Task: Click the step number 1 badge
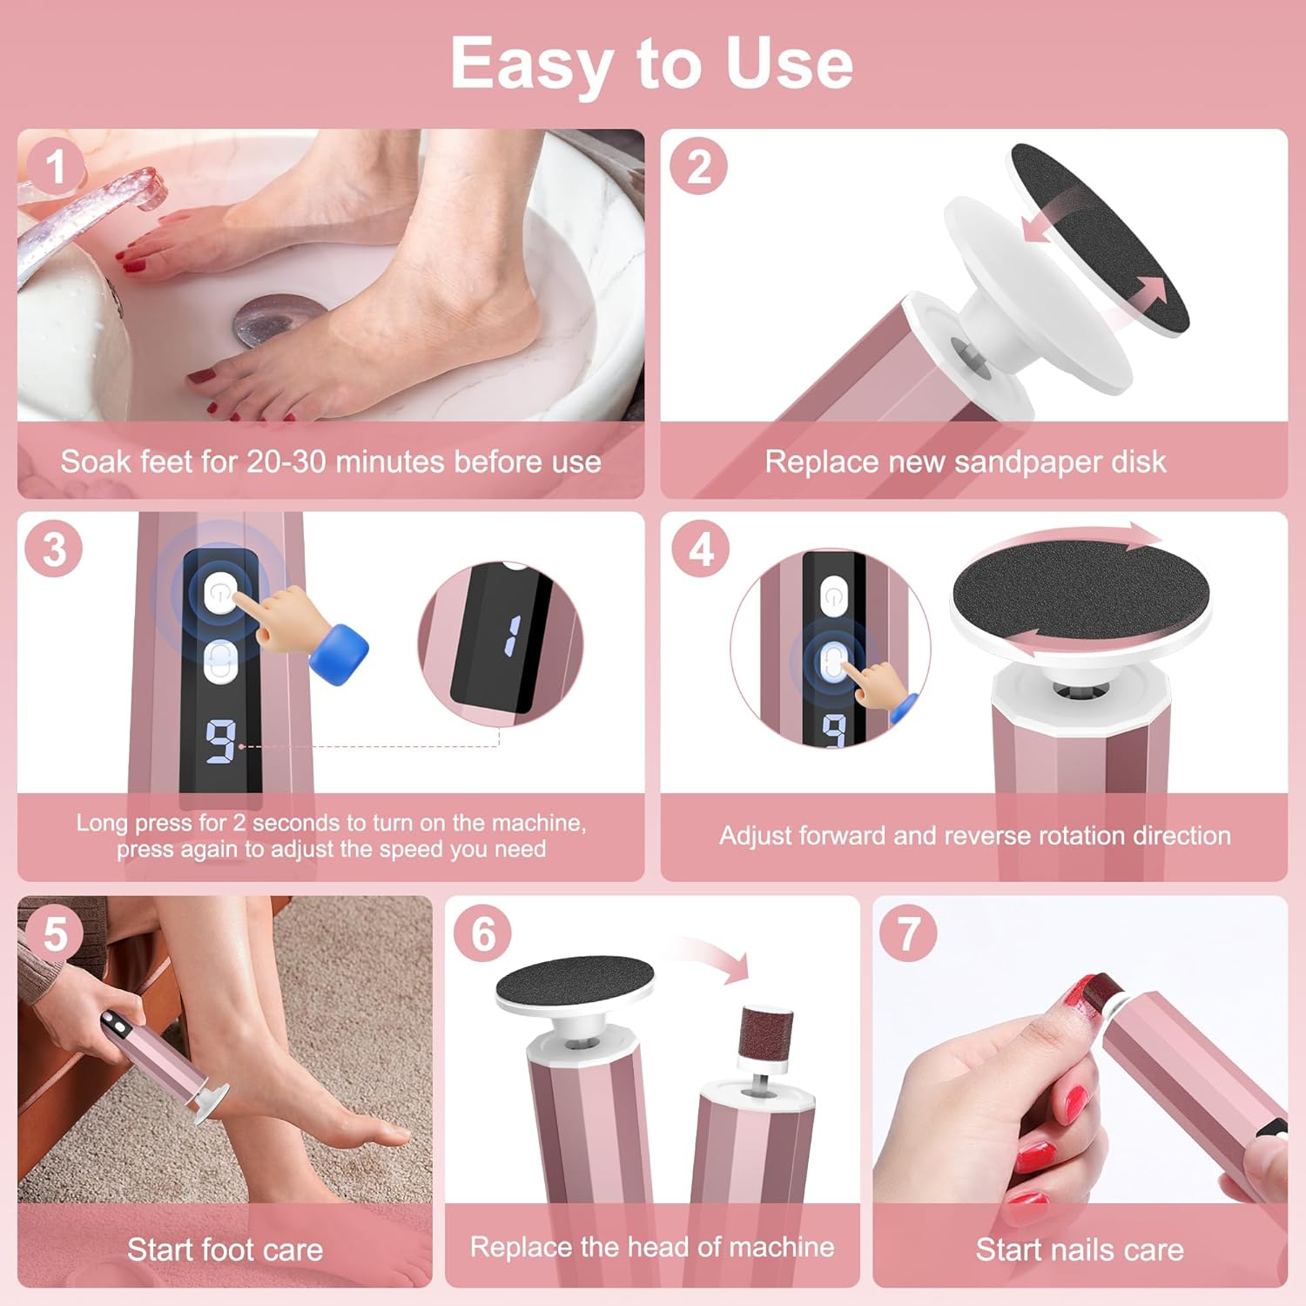(55, 166)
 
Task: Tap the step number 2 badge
(698, 166)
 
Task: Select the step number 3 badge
(54, 549)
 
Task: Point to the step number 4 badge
(701, 549)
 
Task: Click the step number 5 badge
(55, 933)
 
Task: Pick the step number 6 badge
(483, 933)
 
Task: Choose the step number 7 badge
(908, 933)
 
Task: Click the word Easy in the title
(530, 64)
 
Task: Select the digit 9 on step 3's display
(220, 741)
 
